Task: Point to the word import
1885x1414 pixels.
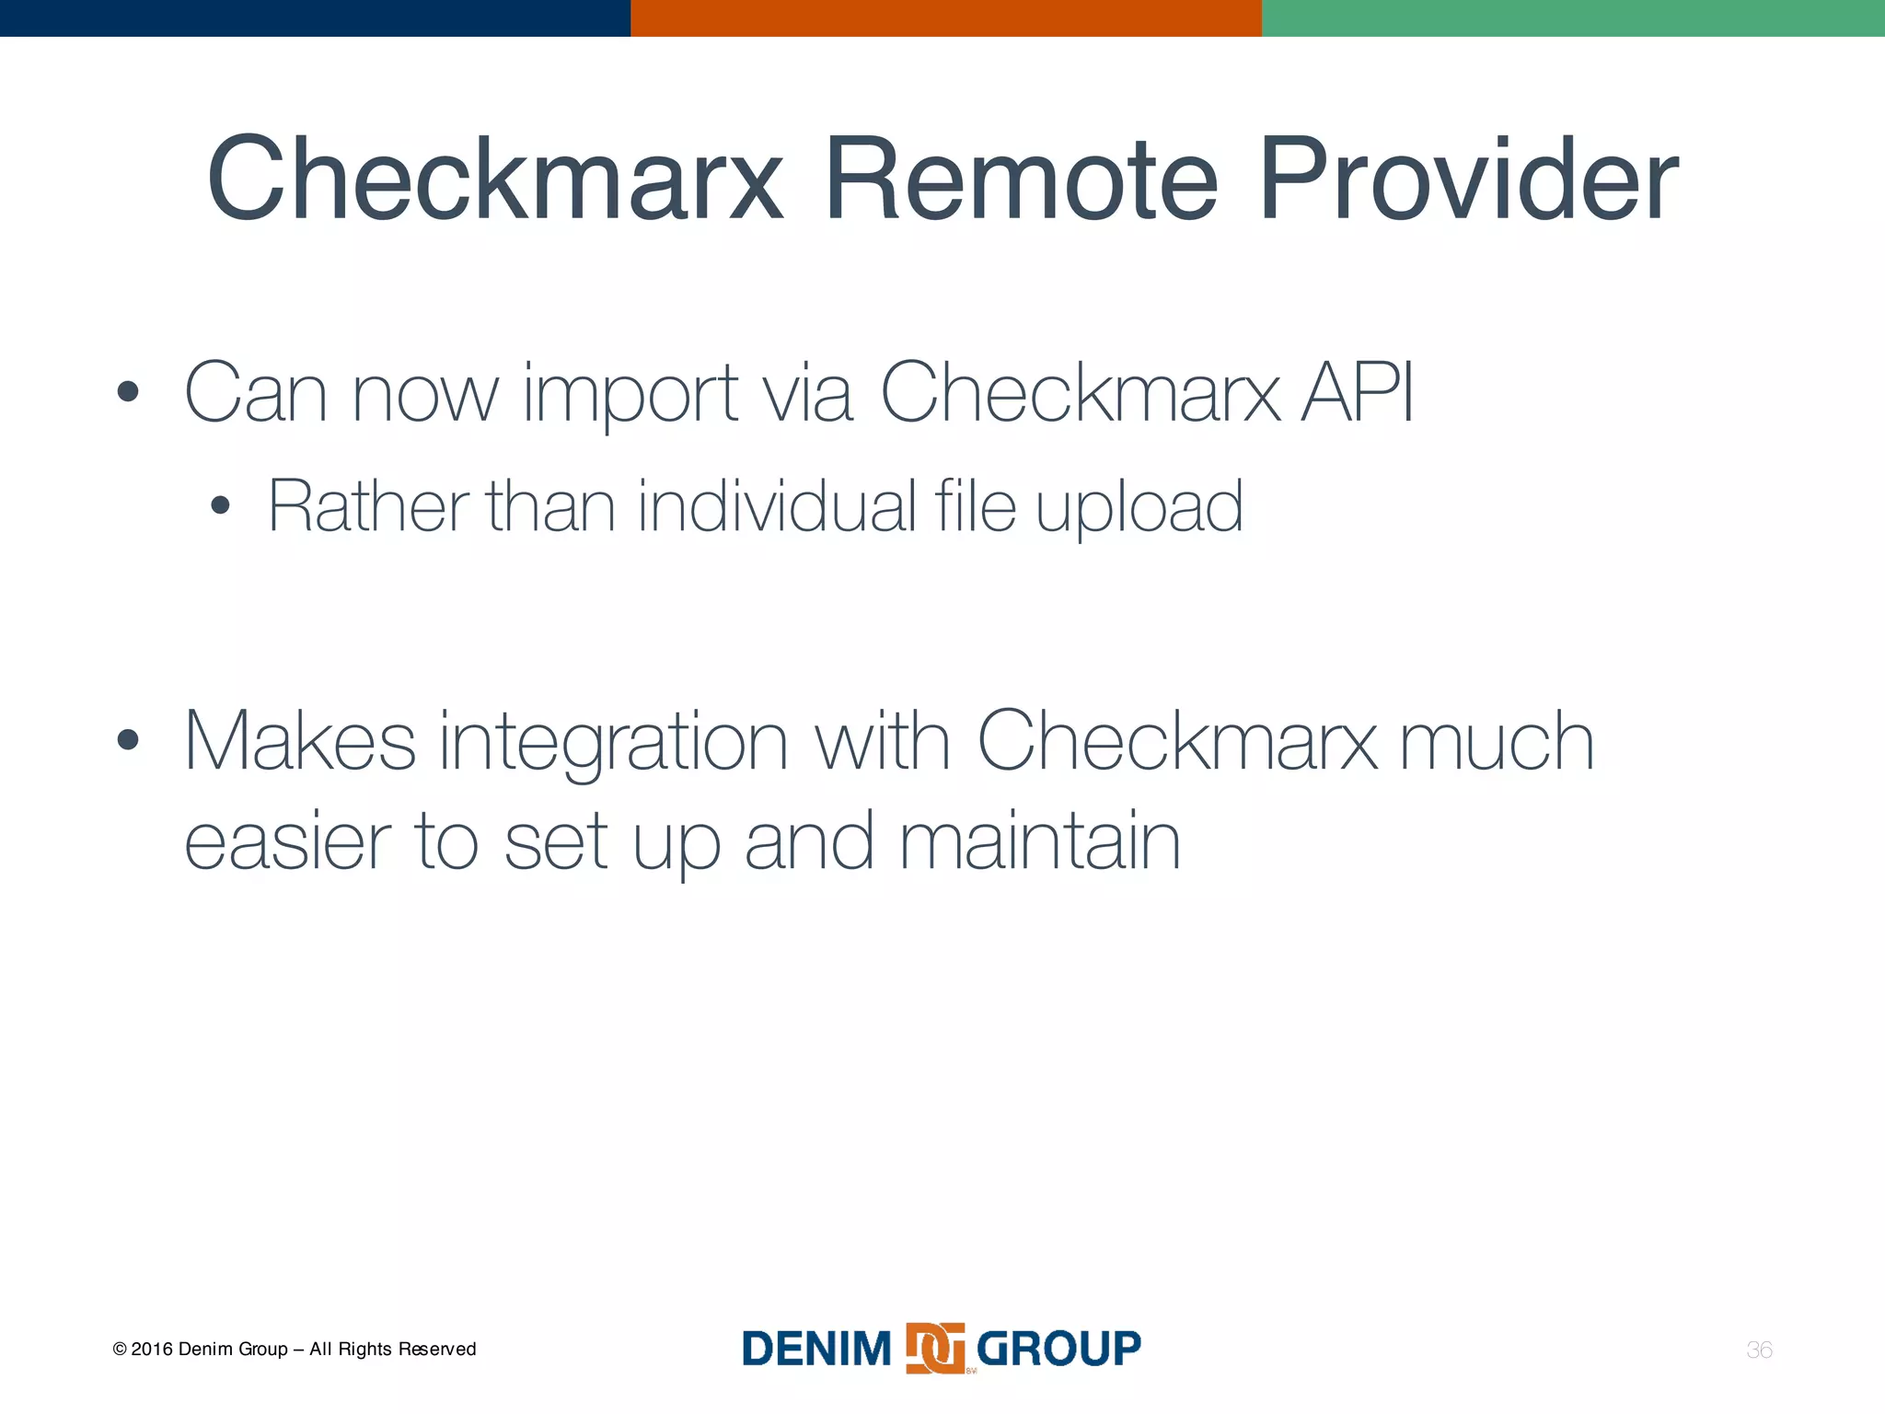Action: point(630,396)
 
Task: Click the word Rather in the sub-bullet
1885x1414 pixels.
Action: point(368,506)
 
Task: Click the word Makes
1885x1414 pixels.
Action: point(300,741)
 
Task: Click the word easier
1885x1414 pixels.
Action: point(288,842)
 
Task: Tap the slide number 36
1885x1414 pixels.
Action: point(1759,1350)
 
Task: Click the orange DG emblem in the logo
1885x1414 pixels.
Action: point(935,1349)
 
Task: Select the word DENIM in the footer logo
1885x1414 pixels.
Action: point(816,1350)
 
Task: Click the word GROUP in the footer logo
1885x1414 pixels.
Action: point(1058,1350)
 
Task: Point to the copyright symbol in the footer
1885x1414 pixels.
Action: point(120,1350)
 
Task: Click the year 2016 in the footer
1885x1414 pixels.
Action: point(151,1350)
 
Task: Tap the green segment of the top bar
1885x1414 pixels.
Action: point(1573,18)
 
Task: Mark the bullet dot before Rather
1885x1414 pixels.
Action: point(219,505)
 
